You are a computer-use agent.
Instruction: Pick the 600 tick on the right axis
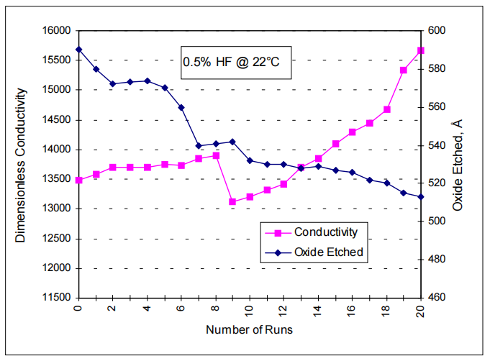tap(438, 31)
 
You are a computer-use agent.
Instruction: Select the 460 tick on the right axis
tap(438, 297)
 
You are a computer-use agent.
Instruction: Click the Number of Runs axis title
tap(249, 330)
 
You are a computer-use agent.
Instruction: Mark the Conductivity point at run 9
tap(232, 202)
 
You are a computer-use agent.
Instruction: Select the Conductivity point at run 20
tap(421, 50)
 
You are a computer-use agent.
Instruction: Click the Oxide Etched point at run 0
tap(78, 50)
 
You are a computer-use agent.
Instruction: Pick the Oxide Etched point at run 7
tap(199, 145)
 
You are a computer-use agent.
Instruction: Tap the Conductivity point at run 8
tap(215, 155)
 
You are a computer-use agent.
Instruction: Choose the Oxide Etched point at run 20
tap(421, 196)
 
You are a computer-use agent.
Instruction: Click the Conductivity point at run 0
tap(78, 180)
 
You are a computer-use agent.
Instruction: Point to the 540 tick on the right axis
tap(438, 145)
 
